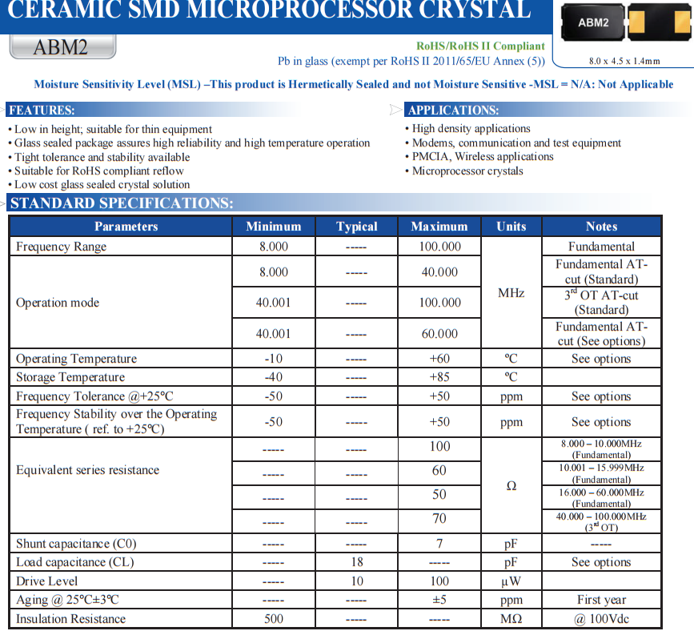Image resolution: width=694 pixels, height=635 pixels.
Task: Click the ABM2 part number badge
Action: (62, 46)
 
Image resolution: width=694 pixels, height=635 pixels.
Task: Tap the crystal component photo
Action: (624, 25)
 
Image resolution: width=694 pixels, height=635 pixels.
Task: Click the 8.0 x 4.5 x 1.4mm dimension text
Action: (624, 61)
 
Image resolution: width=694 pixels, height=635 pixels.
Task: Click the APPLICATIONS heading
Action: (453, 110)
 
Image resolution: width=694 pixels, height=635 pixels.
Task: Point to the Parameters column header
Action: (126, 227)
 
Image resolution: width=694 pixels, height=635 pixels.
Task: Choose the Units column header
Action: (511, 227)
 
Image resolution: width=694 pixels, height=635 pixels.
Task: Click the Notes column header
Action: (601, 227)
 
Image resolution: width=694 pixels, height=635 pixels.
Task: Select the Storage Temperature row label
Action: (70, 377)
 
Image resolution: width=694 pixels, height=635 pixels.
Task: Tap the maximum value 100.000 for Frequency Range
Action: (439, 247)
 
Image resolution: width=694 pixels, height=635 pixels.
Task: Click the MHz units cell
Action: (511, 293)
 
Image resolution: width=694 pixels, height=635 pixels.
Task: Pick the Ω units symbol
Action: (511, 485)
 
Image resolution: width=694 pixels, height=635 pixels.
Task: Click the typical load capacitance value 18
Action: (356, 562)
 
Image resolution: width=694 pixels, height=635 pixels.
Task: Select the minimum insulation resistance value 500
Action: (273, 618)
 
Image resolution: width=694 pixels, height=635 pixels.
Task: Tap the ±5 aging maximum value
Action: (439, 600)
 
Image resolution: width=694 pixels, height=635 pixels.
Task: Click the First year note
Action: (601, 600)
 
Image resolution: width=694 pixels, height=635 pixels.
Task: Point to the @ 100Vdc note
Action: (601, 618)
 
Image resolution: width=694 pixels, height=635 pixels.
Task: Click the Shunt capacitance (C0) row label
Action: (76, 544)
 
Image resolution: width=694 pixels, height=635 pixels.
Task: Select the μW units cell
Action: (511, 581)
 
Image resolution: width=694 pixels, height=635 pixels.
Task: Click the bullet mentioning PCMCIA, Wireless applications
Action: (483, 157)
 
